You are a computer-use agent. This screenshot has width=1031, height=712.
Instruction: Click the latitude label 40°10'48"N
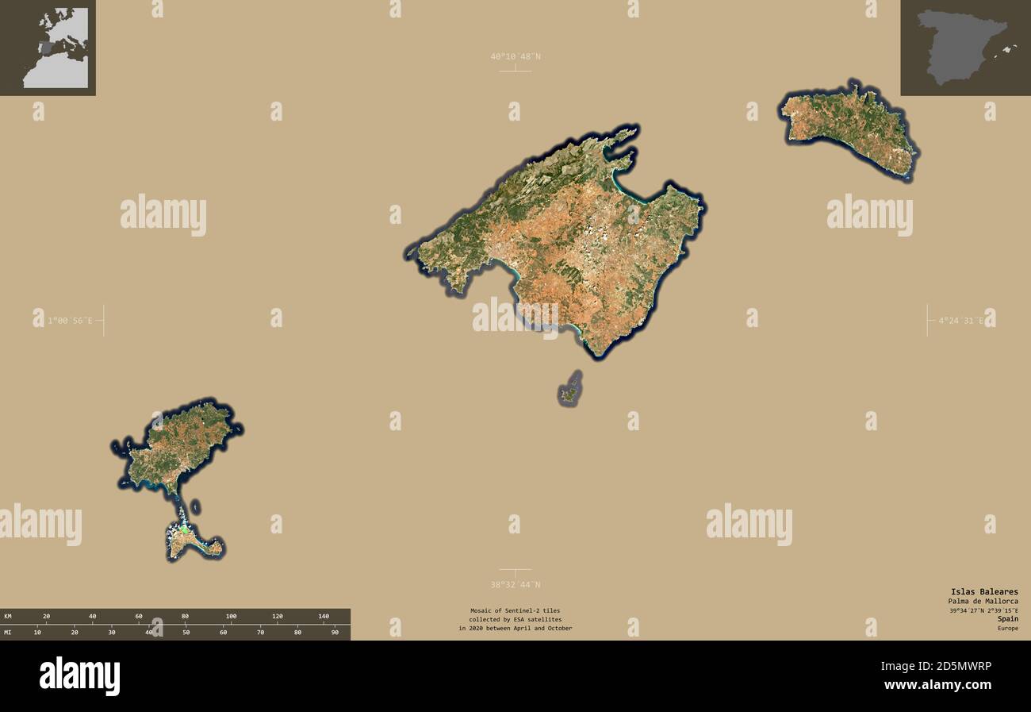tap(515, 56)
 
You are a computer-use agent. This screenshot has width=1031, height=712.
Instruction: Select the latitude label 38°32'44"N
tap(515, 585)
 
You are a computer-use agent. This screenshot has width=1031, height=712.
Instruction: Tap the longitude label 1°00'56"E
tap(70, 321)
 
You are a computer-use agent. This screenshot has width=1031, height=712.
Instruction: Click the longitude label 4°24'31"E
tap(960, 321)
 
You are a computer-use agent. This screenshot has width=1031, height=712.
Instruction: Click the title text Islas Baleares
tap(984, 591)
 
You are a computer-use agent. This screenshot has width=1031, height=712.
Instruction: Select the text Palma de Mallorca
tap(983, 601)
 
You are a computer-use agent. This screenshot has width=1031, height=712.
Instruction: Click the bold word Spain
tap(1008, 618)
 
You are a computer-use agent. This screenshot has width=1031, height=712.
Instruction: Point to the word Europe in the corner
tap(1007, 628)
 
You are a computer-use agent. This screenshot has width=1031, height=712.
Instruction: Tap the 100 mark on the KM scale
tap(231, 616)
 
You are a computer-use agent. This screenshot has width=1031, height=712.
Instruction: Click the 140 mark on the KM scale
tap(323, 616)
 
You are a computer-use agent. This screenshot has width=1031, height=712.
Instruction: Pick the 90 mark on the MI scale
tap(335, 633)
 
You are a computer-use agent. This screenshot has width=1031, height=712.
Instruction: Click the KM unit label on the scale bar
tap(8, 616)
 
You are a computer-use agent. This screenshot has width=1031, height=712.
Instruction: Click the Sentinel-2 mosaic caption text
tap(515, 619)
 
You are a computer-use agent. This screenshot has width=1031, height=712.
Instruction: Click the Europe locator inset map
tap(48, 48)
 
